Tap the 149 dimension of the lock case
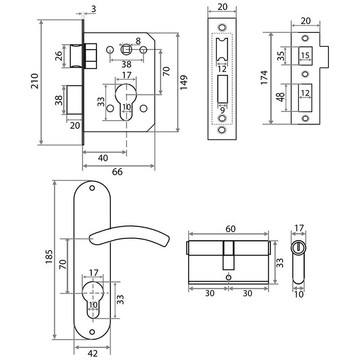pyautogui.click(x=184, y=82)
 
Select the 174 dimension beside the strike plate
pyautogui.click(x=264, y=77)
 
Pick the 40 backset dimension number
pyautogui.click(x=103, y=158)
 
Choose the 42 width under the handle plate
pyautogui.click(x=92, y=353)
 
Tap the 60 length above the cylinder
pyautogui.click(x=230, y=229)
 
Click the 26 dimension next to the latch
pyautogui.click(x=58, y=56)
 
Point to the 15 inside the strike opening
pyautogui.click(x=305, y=55)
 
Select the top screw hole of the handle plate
pyautogui.click(x=92, y=188)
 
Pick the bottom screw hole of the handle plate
pyautogui.click(x=92, y=332)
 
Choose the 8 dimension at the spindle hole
pyautogui.click(x=138, y=41)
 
